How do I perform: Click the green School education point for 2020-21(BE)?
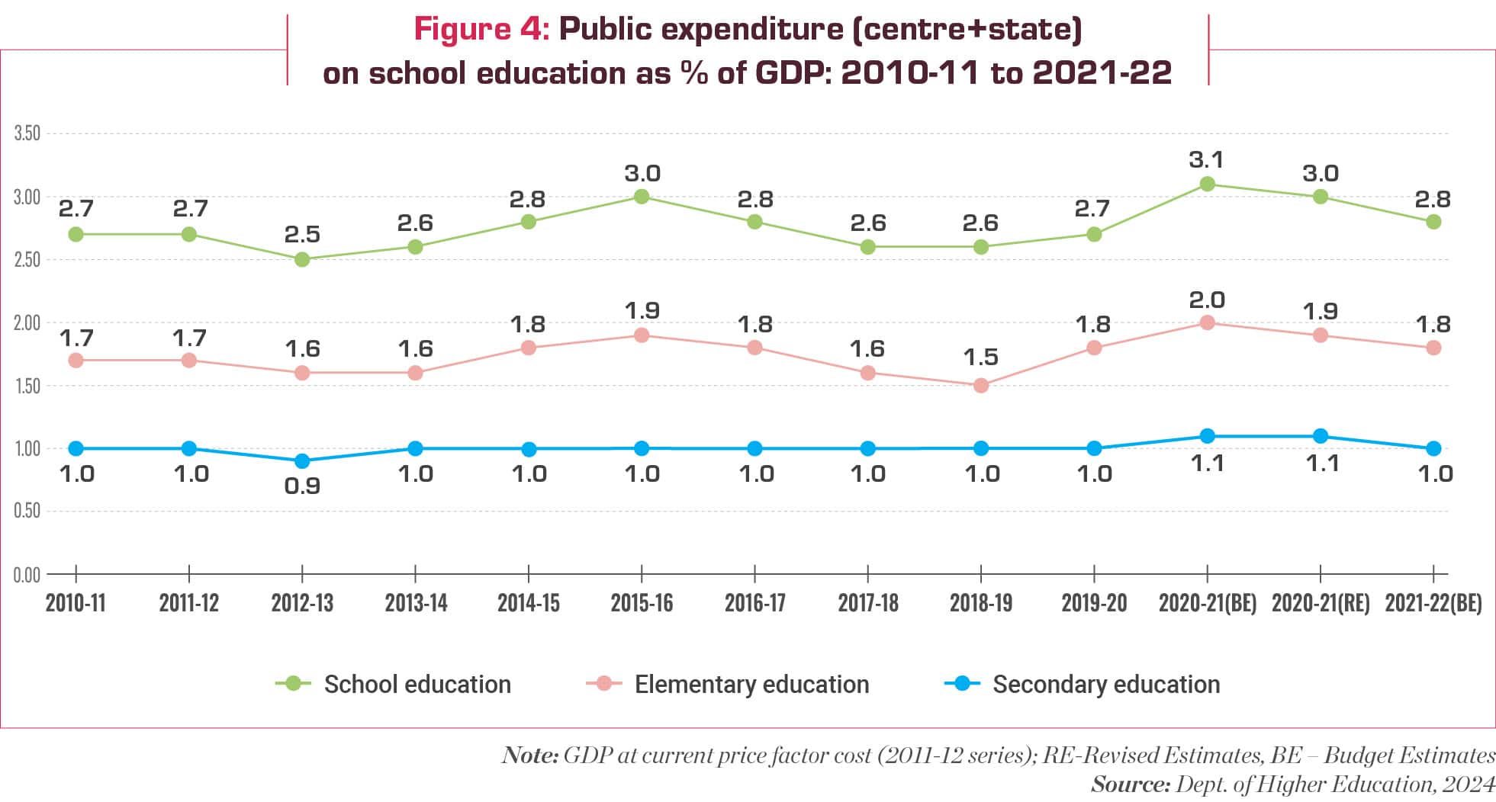1207,184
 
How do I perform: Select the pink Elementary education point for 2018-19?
981,386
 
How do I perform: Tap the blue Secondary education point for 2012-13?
302,461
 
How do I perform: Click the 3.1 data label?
1206,160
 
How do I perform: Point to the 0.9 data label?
302,486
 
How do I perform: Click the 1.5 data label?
980,357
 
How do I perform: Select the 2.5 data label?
302,235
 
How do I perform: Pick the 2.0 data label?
1206,300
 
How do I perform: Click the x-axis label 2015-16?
642,603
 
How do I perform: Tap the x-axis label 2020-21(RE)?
1321,603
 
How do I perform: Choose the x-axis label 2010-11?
76,603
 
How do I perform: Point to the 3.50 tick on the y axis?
27,133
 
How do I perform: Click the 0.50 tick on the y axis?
27,511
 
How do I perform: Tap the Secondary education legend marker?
962,683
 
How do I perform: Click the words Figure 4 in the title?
481,30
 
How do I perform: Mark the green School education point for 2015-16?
642,197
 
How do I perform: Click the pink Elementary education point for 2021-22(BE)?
1433,348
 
